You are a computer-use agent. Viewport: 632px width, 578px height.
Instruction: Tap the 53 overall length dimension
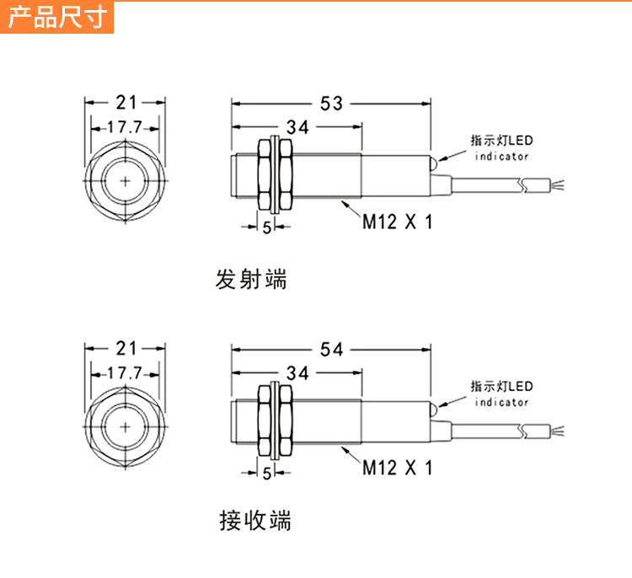click(x=331, y=103)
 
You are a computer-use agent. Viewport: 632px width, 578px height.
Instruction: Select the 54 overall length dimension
click(x=331, y=349)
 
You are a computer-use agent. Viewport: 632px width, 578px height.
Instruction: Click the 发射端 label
click(x=251, y=279)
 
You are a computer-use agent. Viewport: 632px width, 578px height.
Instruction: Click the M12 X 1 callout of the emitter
click(x=397, y=222)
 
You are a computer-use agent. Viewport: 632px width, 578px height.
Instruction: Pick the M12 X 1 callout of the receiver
click(x=397, y=468)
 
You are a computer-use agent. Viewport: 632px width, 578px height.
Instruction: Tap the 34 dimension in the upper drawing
click(x=297, y=127)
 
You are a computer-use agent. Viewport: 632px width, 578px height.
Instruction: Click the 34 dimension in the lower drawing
click(x=297, y=373)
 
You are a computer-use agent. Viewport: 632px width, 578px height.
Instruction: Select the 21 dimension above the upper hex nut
click(x=126, y=103)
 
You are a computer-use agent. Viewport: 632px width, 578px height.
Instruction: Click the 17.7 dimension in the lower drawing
click(x=126, y=373)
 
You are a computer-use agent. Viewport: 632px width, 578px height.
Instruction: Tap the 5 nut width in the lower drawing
click(x=267, y=474)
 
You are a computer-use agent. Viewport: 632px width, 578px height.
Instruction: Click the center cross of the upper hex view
click(x=126, y=181)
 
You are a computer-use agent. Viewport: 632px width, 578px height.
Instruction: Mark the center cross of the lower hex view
click(x=126, y=426)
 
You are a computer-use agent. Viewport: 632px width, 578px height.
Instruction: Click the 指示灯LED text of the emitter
click(x=501, y=141)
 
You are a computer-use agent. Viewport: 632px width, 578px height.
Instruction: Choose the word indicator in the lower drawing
click(x=501, y=402)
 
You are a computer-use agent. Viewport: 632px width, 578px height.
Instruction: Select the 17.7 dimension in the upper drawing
click(x=126, y=127)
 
